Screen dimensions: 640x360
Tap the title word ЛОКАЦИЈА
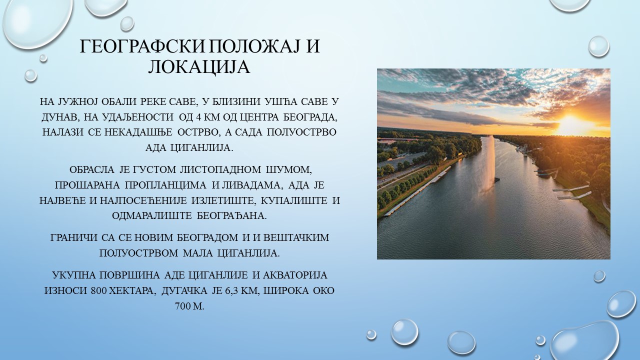[x=199, y=67]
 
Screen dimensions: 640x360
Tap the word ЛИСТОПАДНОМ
[x=220, y=169]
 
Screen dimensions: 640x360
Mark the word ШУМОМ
[x=289, y=170]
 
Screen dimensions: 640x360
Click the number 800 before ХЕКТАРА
[x=99, y=291]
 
